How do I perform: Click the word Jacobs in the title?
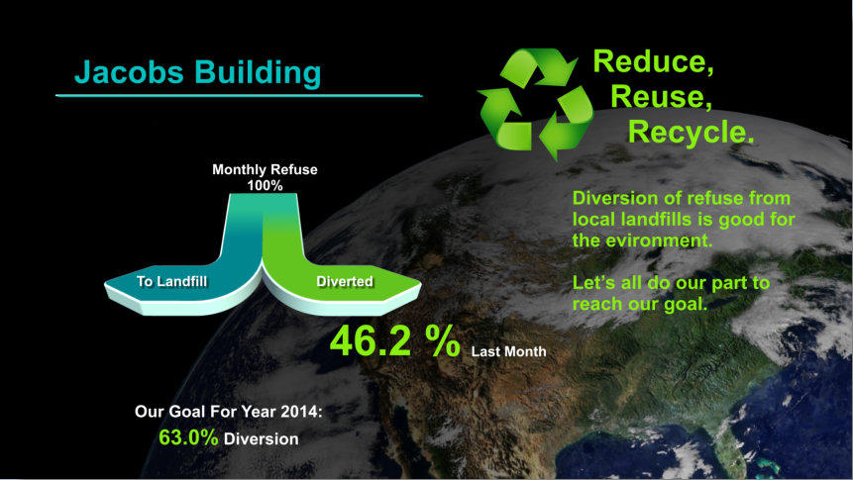[129, 72]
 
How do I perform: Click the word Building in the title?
[258, 73]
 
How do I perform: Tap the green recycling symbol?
[536, 103]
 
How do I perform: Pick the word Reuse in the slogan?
[661, 96]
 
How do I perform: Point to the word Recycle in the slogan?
[691, 133]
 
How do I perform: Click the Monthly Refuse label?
[265, 169]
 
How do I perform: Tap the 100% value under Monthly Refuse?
[265, 185]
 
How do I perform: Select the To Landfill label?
[172, 281]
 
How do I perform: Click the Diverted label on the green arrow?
[345, 281]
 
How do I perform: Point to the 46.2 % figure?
[395, 340]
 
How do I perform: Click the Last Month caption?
[508, 351]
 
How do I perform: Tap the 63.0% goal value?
[188, 437]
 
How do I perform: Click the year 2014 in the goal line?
[301, 412]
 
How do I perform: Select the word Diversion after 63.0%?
[262, 438]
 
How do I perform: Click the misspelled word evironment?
[660, 240]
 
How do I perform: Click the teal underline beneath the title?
[239, 96]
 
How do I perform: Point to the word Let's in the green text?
[590, 283]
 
